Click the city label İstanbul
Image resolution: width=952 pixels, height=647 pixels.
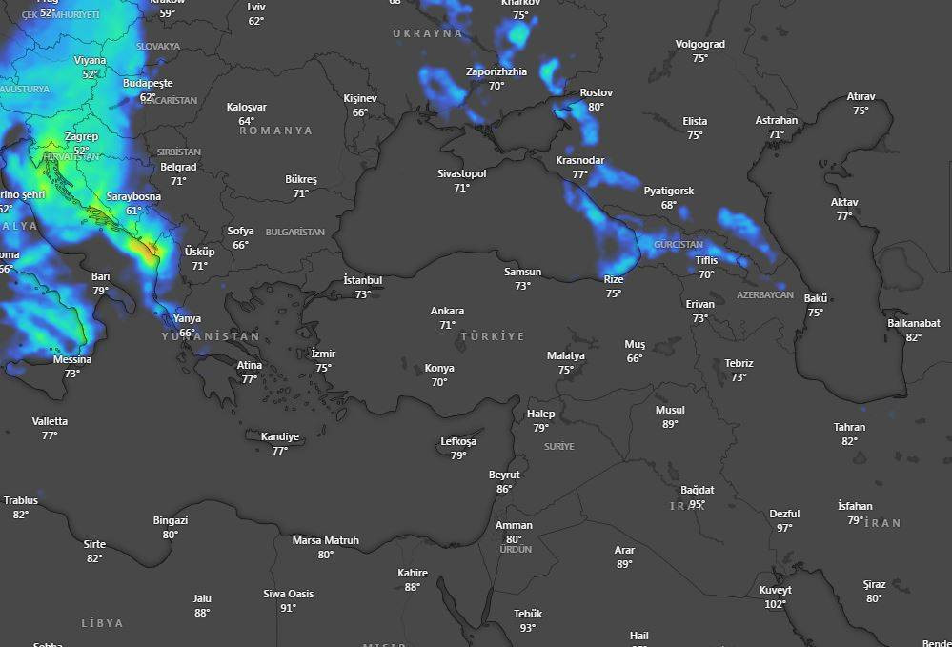click(362, 280)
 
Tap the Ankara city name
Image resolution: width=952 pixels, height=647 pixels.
click(447, 312)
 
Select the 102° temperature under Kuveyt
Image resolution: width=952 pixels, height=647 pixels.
click(775, 604)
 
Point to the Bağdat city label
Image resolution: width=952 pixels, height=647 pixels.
click(697, 491)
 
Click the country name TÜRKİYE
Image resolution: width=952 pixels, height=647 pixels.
click(493, 336)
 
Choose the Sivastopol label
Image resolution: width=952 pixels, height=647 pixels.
click(461, 173)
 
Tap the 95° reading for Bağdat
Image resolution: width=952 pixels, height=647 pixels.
click(697, 505)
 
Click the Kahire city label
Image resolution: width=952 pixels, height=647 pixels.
click(413, 573)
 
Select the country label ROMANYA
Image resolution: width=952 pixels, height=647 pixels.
click(275, 131)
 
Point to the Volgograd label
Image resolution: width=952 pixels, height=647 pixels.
click(699, 44)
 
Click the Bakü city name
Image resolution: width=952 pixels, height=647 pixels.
click(815, 298)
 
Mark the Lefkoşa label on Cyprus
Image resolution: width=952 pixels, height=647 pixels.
click(458, 441)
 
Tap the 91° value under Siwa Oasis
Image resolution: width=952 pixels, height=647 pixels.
click(288, 608)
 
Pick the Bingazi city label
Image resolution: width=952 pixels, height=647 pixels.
click(171, 520)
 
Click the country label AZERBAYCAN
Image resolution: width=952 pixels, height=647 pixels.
click(764, 295)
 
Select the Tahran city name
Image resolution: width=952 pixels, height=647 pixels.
click(849, 427)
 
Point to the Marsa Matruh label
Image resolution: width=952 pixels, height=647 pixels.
click(325, 540)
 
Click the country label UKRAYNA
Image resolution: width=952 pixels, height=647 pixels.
click(427, 33)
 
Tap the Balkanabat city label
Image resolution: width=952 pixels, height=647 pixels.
click(913, 323)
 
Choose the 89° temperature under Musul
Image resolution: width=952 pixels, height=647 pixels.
click(670, 424)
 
